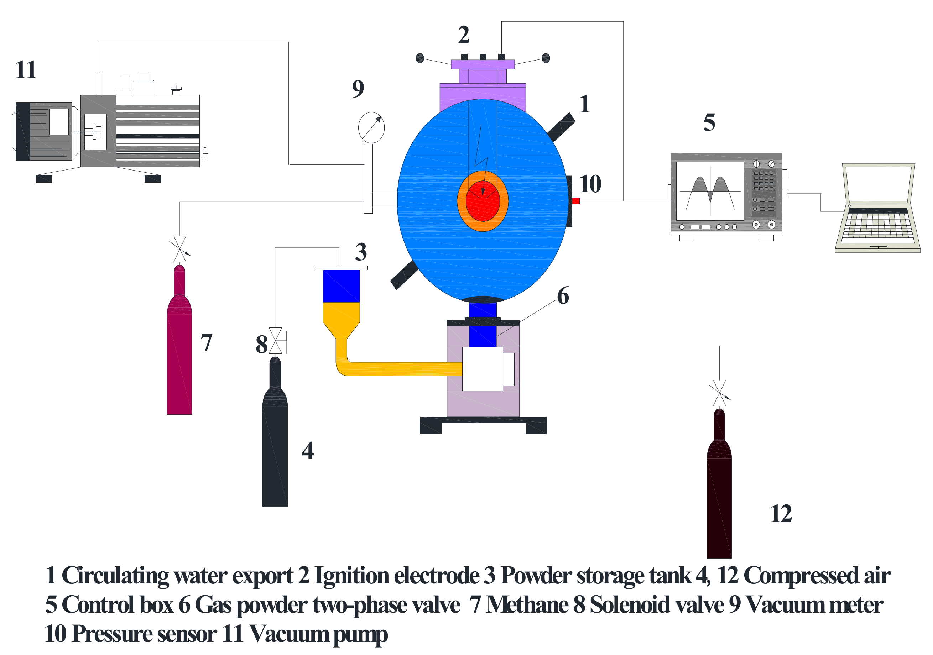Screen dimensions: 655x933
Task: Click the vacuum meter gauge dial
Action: point(371,127)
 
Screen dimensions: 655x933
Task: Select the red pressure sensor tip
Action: point(575,201)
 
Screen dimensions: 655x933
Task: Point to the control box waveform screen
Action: point(709,191)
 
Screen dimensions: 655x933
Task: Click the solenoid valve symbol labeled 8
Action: point(276,341)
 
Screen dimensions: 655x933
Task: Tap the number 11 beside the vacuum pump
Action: point(26,69)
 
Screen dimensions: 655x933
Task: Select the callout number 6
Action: point(563,295)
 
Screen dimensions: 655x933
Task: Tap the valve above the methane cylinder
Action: point(179,249)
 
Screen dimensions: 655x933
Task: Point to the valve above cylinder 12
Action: point(719,393)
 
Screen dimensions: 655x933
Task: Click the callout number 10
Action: point(590,184)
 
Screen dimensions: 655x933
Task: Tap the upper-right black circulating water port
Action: point(561,127)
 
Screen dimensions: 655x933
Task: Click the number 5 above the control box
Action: point(709,122)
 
